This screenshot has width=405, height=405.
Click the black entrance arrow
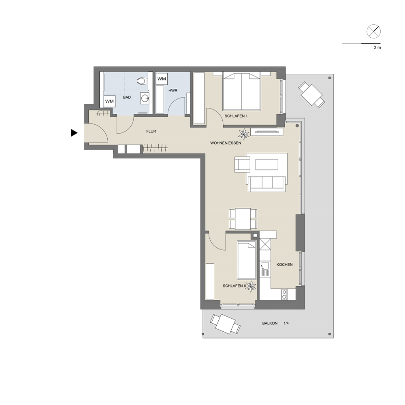click(x=74, y=133)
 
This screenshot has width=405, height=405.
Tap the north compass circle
click(x=373, y=32)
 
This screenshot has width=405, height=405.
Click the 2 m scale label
click(x=377, y=47)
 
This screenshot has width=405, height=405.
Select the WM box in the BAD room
click(x=109, y=101)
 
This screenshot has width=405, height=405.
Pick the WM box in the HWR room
click(x=162, y=79)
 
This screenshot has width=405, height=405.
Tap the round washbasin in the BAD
click(x=145, y=98)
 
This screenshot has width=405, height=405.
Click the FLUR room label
click(x=151, y=131)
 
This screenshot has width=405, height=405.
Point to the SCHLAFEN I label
click(x=236, y=116)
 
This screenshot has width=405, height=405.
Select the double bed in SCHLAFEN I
click(x=241, y=91)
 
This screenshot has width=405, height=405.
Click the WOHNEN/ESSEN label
click(x=226, y=143)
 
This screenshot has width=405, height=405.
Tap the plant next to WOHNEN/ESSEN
click(x=243, y=134)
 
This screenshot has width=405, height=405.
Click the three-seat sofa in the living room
click(x=267, y=184)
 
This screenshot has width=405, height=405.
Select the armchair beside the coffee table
click(x=243, y=165)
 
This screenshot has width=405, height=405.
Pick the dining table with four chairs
click(x=243, y=219)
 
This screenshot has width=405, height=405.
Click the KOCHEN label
click(x=284, y=264)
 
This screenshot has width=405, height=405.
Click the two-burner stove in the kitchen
click(x=284, y=294)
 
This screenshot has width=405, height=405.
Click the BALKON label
click(x=270, y=323)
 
